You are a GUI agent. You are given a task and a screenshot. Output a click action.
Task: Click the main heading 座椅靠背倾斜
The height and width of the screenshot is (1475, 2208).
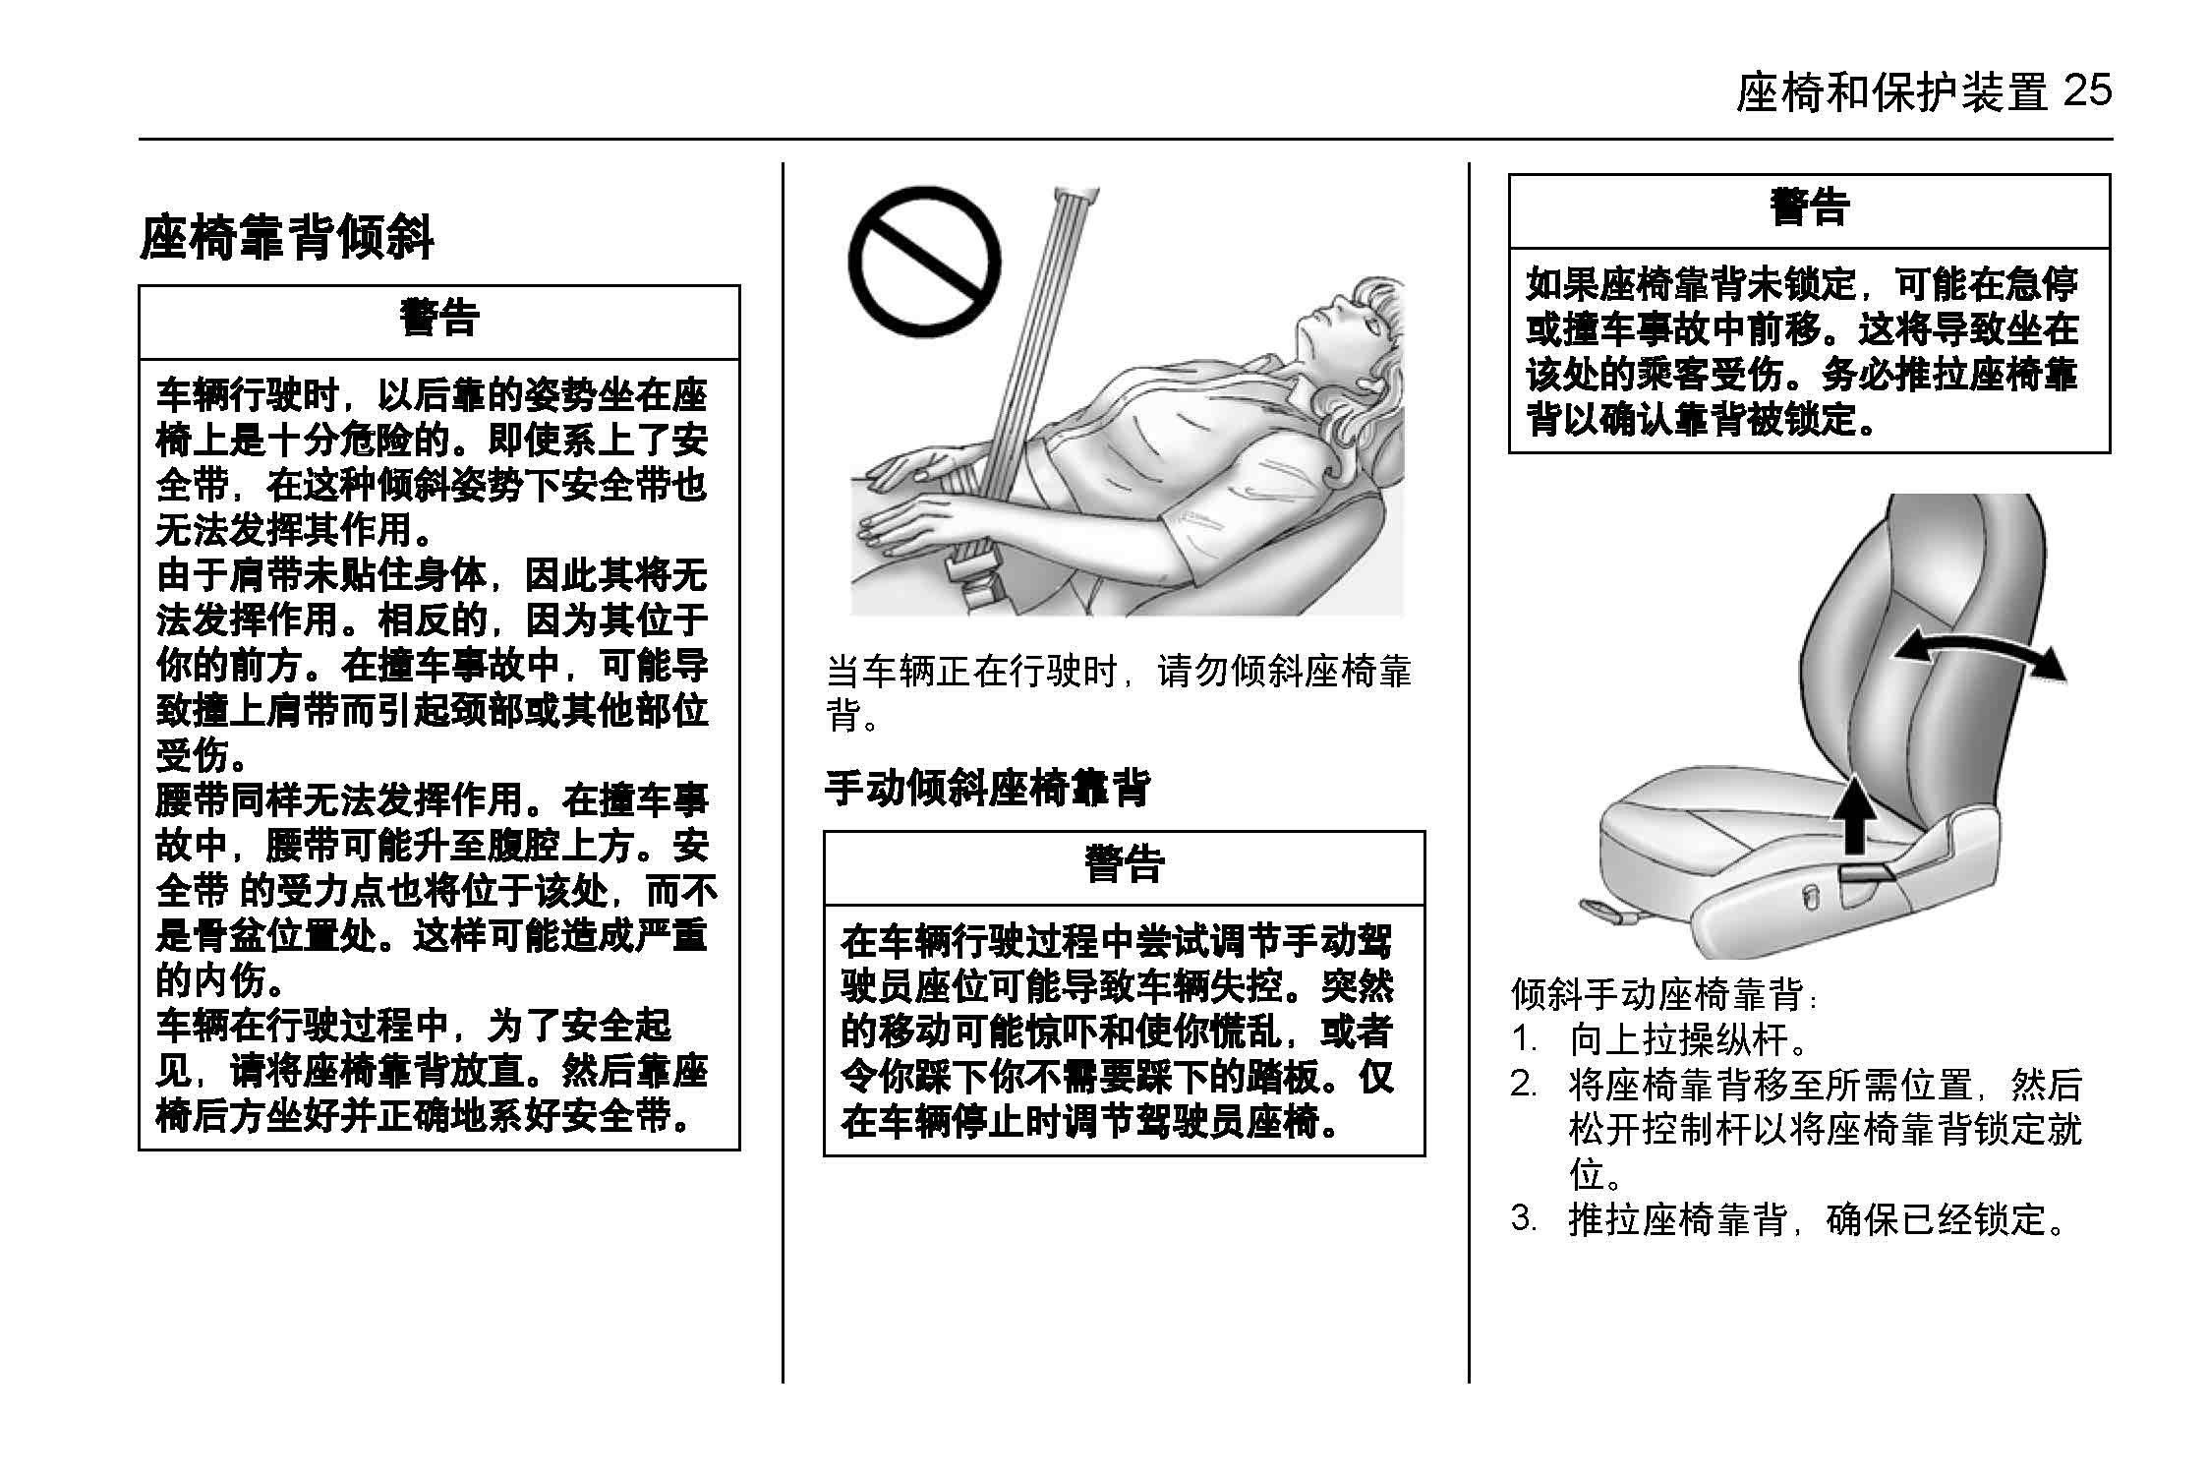tap(286, 238)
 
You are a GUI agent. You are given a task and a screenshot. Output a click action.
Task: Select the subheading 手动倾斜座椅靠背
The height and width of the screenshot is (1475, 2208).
tap(986, 788)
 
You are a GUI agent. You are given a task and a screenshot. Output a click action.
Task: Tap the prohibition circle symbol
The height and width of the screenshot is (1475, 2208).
tap(923, 263)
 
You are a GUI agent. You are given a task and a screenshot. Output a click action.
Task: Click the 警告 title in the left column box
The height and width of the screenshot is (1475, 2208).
tap(438, 319)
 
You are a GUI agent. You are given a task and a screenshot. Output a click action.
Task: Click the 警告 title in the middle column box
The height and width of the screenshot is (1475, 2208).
tap(1124, 864)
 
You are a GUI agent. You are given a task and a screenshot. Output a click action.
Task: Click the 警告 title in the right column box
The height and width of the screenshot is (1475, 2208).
tap(1809, 207)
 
